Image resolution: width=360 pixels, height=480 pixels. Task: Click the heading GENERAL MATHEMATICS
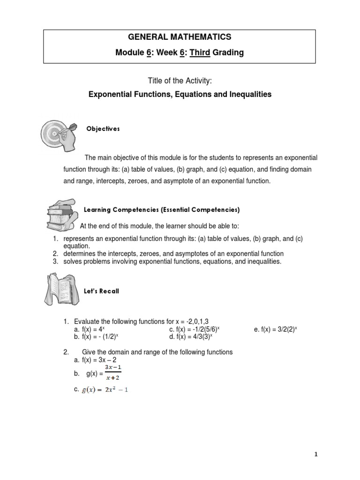(180, 37)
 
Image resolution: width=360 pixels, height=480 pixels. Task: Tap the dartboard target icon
(58, 134)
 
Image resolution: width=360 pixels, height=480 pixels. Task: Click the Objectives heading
(103, 129)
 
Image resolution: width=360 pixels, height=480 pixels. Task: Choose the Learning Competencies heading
(161, 209)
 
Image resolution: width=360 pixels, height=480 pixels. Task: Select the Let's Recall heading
(101, 291)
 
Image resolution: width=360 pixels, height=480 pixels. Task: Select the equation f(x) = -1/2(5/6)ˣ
(195, 330)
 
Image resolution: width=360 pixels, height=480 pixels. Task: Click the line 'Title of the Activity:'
(180, 81)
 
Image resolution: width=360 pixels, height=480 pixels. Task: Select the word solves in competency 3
(73, 262)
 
